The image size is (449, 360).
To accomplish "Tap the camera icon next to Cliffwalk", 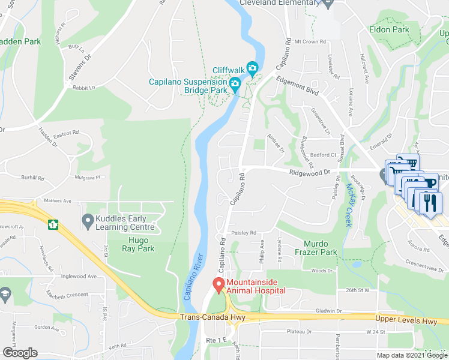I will (253, 70).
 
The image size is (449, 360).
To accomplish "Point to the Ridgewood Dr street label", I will (310, 172).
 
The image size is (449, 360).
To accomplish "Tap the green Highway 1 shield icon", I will (53, 225).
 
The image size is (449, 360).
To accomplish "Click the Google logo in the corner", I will (20, 353).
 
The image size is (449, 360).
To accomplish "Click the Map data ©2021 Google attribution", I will (411, 355).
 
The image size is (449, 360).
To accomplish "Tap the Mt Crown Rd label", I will (309, 42).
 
